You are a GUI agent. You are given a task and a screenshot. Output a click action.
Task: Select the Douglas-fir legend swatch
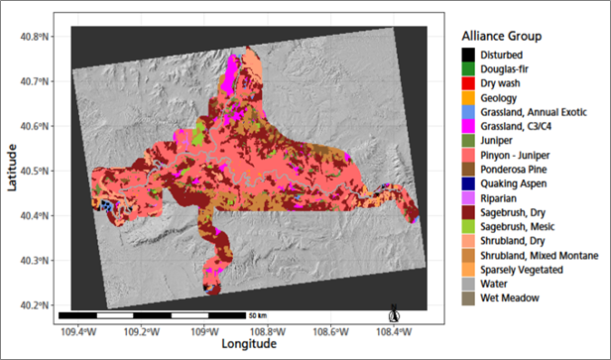pyautogui.click(x=468, y=67)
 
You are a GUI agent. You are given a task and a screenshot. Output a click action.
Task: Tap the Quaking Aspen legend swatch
pyautogui.click(x=468, y=181)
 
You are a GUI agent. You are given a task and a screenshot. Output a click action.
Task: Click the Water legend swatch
pyautogui.click(x=468, y=283)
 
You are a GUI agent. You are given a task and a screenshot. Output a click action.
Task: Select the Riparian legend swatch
pyautogui.click(x=468, y=197)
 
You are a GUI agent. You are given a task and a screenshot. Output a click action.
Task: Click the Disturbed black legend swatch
pyautogui.click(x=468, y=54)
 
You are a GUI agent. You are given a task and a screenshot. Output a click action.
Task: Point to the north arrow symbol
pyautogui.click(x=394, y=312)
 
